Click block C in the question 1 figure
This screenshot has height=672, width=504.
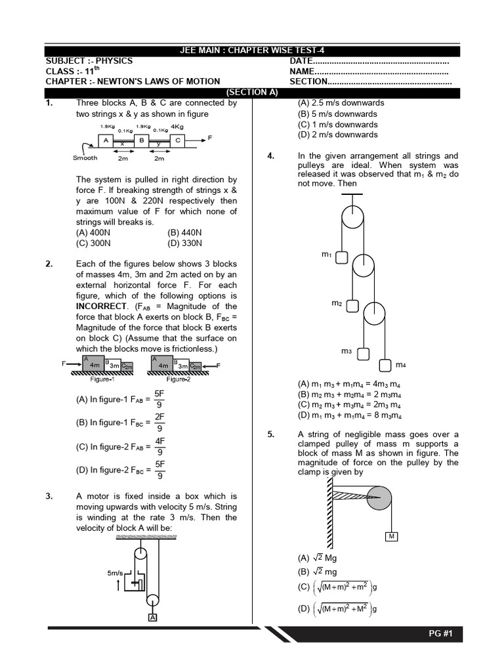pyautogui.click(x=177, y=140)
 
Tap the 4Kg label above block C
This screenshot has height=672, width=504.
pyautogui.click(x=177, y=126)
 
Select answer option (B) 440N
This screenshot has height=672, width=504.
pyautogui.click(x=185, y=232)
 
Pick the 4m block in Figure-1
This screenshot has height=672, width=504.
pyautogui.click(x=94, y=364)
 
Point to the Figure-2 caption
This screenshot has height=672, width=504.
pyautogui.click(x=178, y=379)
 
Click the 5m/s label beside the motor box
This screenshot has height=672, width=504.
pyautogui.click(x=115, y=573)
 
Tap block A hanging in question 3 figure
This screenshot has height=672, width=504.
pyautogui.click(x=153, y=618)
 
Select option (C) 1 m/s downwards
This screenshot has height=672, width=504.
pyautogui.click(x=337, y=124)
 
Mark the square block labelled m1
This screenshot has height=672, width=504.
pyautogui.click(x=341, y=257)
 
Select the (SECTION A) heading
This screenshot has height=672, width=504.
pyautogui.click(x=252, y=93)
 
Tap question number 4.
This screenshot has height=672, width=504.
pyautogui.click(x=270, y=156)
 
